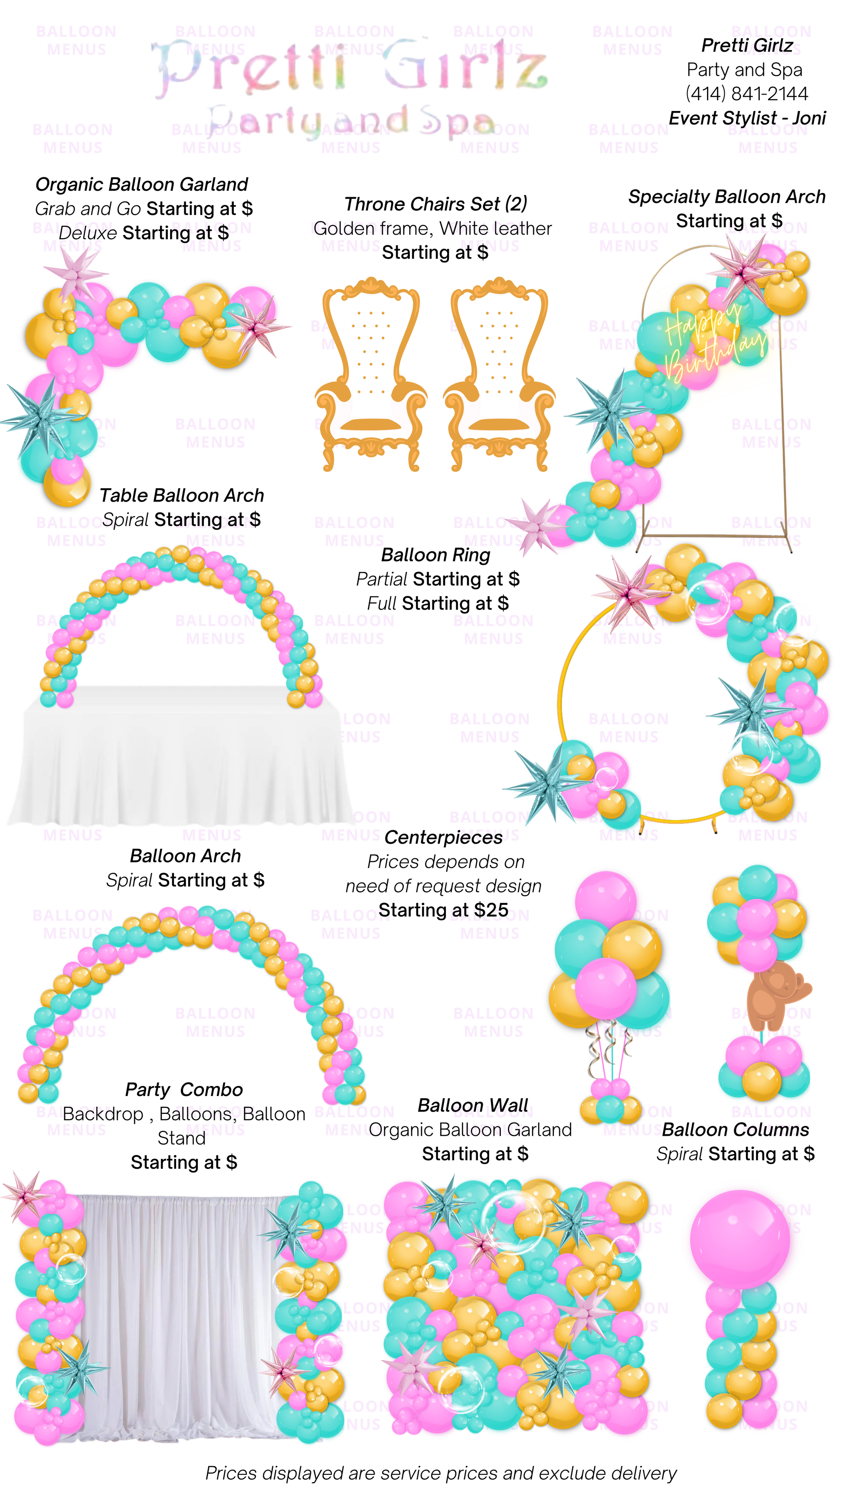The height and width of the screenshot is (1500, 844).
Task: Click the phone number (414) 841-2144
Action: click(x=747, y=94)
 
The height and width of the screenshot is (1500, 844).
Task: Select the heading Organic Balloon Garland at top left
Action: click(x=141, y=185)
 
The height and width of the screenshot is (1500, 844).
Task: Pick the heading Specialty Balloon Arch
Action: click(x=726, y=197)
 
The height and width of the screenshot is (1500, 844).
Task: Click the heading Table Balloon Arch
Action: click(x=181, y=496)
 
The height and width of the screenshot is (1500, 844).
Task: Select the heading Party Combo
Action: click(x=183, y=1089)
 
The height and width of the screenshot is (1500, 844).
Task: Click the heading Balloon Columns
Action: click(x=735, y=1130)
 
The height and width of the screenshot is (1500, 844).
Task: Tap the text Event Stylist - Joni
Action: click(x=747, y=118)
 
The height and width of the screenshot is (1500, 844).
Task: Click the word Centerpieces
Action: click(x=443, y=837)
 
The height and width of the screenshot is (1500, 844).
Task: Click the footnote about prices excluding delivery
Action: click(x=441, y=1473)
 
